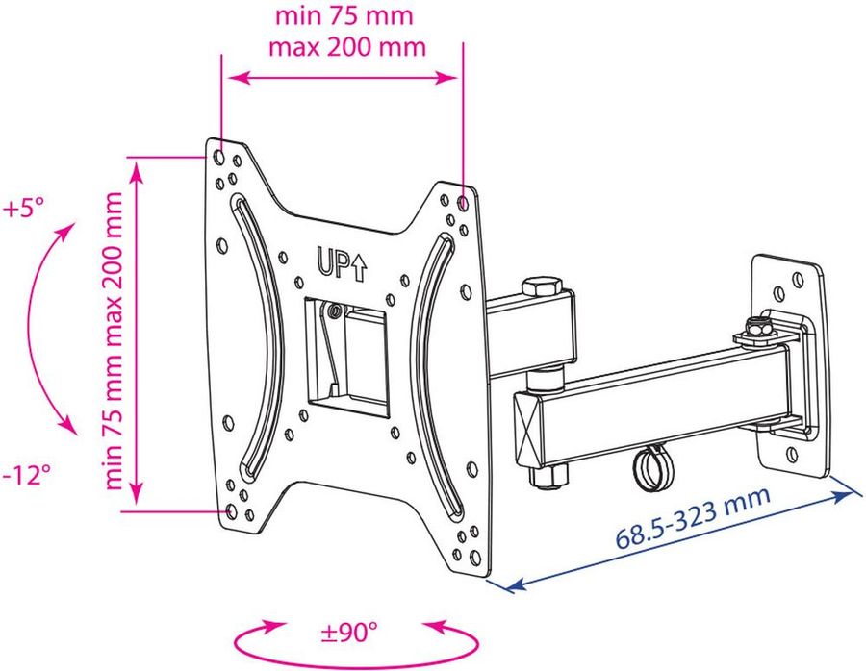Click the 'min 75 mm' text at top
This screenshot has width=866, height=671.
pyautogui.click(x=344, y=15)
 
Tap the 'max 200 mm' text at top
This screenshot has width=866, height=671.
pyautogui.click(x=347, y=46)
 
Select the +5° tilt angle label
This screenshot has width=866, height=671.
pyautogui.click(x=23, y=210)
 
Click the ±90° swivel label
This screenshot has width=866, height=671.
pyautogui.click(x=349, y=632)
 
